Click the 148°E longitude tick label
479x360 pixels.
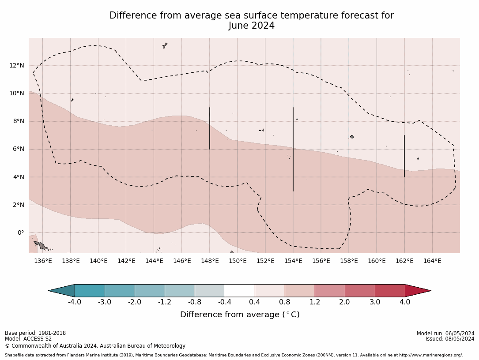click(x=210, y=261)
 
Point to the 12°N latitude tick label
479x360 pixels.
click(x=17, y=66)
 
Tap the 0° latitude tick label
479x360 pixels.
click(x=20, y=233)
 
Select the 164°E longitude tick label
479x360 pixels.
click(x=432, y=261)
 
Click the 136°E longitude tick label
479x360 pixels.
click(x=43, y=261)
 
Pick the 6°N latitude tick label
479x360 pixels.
click(x=18, y=149)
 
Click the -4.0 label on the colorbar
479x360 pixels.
click(x=74, y=302)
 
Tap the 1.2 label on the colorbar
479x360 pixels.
click(x=315, y=302)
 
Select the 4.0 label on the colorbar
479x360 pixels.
click(x=405, y=302)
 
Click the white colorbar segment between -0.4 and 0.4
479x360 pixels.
click(x=240, y=291)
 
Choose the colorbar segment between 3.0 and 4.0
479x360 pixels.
click(x=390, y=291)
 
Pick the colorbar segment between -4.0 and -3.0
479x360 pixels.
click(x=90, y=291)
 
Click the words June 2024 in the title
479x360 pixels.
click(x=252, y=26)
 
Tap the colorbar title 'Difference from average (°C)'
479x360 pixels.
click(x=240, y=315)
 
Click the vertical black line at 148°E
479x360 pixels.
click(x=210, y=128)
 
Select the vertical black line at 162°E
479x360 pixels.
click(x=404, y=156)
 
